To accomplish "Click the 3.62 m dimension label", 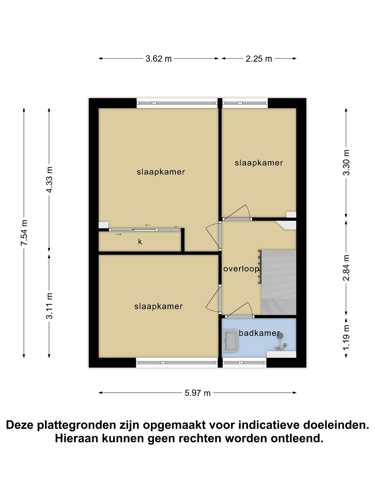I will click(x=158, y=59).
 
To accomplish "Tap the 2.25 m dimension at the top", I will click(x=259, y=59).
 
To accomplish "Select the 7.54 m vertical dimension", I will click(x=24, y=232).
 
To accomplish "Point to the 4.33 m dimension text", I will click(x=49, y=180).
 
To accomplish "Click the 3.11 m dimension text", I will click(x=49, y=306).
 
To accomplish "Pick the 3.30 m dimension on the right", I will click(x=346, y=163).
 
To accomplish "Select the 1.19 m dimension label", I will click(x=346, y=338).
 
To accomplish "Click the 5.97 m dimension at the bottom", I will click(x=197, y=393).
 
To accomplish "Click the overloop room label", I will click(x=241, y=269).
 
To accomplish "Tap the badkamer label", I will click(x=259, y=333).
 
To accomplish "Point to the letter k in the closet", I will click(x=140, y=242).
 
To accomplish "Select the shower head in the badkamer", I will click(x=280, y=336).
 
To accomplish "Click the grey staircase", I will click(x=279, y=283).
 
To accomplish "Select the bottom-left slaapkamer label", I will click(x=158, y=306).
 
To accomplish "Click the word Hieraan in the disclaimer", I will click(x=77, y=438).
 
